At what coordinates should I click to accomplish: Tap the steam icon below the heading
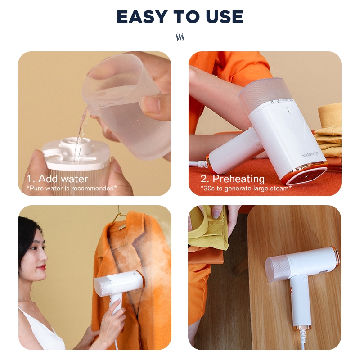point(180,37)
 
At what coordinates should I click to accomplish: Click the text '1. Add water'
point(58,179)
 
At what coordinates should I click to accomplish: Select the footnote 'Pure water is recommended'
point(72,188)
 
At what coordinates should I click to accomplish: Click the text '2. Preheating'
point(233,179)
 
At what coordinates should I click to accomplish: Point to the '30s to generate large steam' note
point(246,188)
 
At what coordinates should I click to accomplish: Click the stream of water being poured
point(81,131)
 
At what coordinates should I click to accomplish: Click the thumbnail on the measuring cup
point(150,103)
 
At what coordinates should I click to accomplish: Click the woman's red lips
point(42,267)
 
